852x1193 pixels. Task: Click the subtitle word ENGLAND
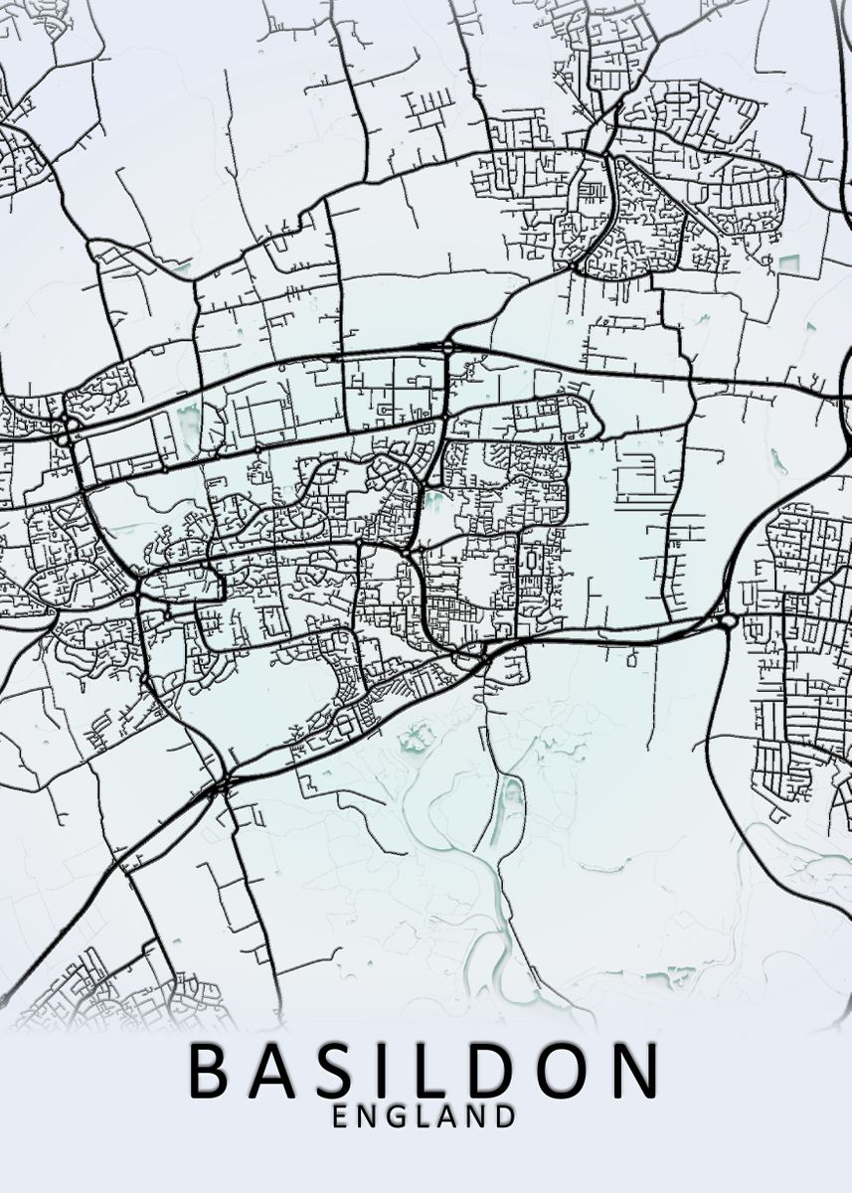click(425, 1116)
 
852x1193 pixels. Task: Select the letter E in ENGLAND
click(340, 1116)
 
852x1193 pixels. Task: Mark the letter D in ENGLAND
click(506, 1116)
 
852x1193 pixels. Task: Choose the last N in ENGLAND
click(478, 1116)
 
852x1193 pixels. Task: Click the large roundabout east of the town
click(728, 621)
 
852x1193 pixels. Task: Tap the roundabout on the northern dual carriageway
click(448, 346)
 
